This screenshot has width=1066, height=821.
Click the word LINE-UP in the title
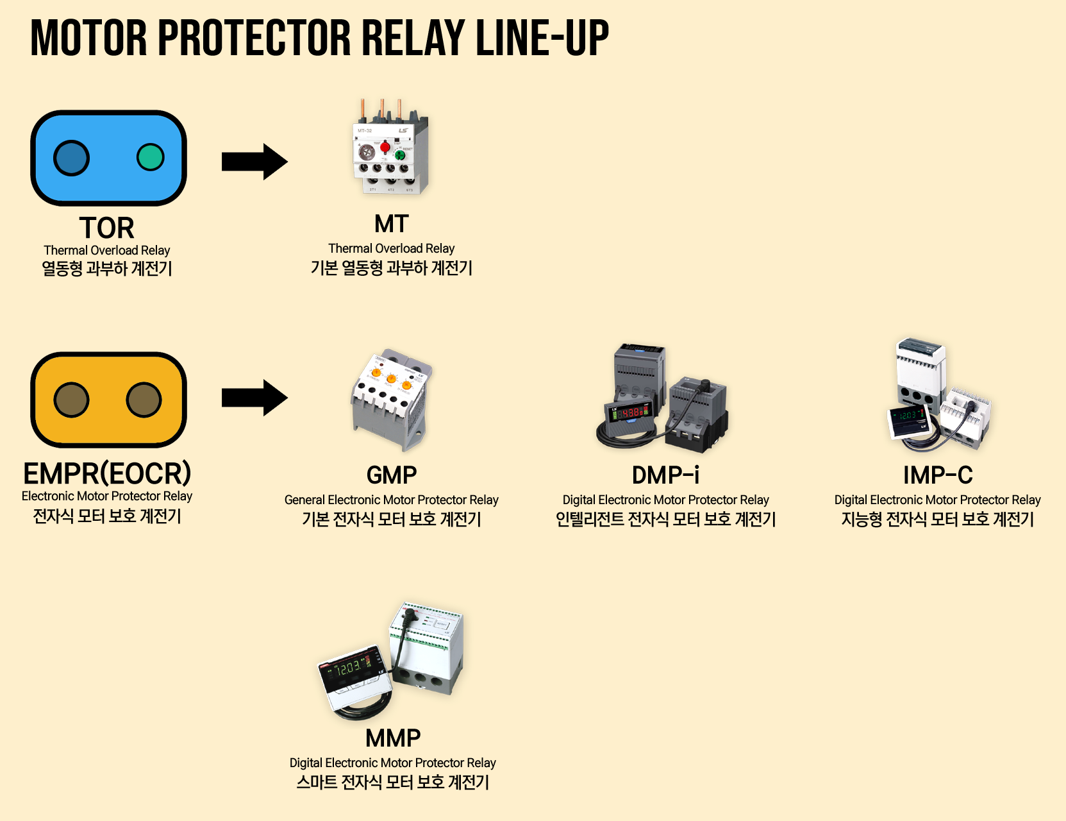542,38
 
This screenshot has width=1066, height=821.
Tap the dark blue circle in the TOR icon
71,158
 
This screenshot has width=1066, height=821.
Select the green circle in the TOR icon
151,157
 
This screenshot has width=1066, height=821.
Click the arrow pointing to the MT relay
254,162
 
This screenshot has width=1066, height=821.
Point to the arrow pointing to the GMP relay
254,398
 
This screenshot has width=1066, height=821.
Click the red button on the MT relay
385,148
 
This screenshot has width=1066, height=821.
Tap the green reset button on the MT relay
400,155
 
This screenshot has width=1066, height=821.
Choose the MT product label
391,224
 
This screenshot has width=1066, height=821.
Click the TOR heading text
106,228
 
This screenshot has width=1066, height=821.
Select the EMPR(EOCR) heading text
107,473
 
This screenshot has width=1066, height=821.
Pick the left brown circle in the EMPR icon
71,400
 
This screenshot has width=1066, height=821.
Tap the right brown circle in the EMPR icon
144,400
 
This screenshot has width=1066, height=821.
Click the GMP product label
391,475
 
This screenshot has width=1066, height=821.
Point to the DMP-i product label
665,475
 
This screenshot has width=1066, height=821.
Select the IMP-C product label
937,475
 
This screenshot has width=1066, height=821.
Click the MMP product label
392,738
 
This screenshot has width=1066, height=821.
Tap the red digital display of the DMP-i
631,413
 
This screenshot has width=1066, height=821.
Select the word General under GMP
304,500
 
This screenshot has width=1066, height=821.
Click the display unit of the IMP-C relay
908,420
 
